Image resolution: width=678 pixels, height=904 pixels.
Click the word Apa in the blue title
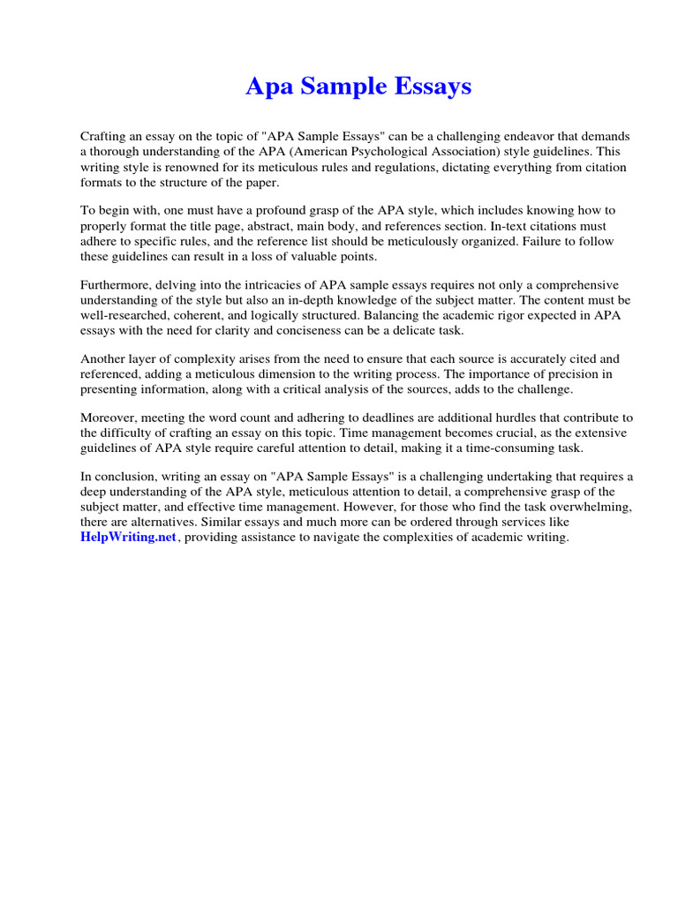pyautogui.click(x=265, y=87)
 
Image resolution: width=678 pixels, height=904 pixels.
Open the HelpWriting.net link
pyautogui.click(x=129, y=538)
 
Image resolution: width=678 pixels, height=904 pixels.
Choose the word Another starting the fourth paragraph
pyautogui.click(x=105, y=358)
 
